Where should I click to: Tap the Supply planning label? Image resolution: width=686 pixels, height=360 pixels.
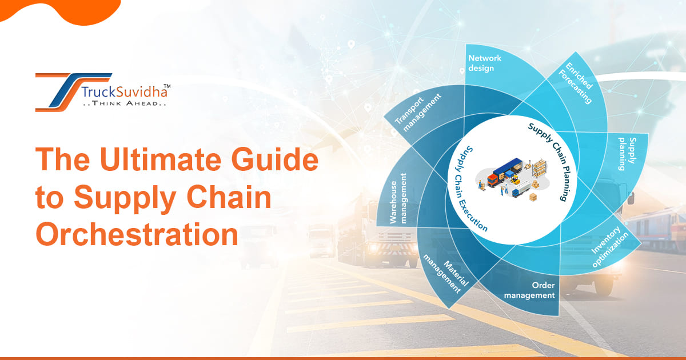click(628, 154)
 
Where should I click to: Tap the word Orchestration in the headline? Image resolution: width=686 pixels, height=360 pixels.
click(137, 234)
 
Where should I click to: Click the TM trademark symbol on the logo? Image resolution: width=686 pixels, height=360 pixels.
click(163, 86)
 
